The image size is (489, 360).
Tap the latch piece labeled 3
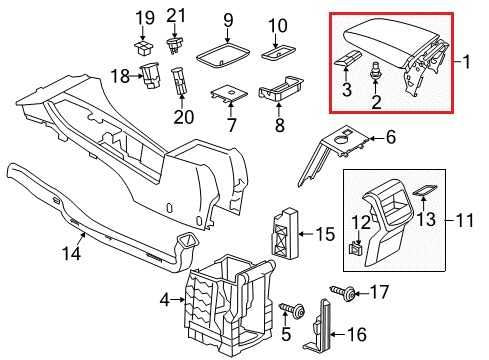(343, 62)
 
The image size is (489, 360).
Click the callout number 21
(177, 15)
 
